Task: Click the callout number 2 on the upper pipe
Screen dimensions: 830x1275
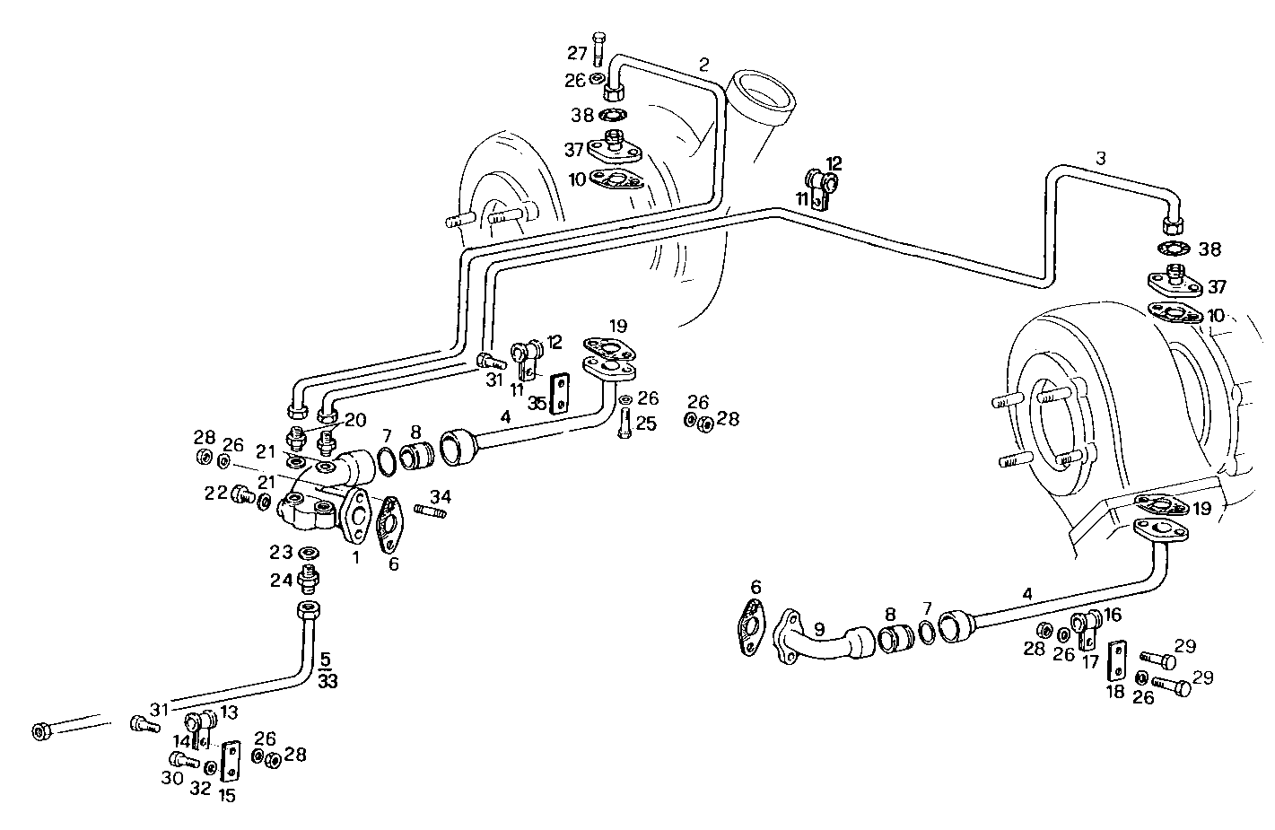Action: click(703, 64)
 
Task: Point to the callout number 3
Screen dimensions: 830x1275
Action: click(1100, 158)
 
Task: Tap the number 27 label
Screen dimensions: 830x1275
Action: click(576, 52)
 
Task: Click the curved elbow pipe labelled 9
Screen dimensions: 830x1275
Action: click(818, 643)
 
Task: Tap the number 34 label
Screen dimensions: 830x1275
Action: click(440, 496)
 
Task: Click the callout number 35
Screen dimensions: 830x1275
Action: click(537, 403)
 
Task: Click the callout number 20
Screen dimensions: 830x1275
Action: click(355, 419)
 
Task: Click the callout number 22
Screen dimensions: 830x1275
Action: click(214, 494)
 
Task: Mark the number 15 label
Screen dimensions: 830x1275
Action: click(227, 795)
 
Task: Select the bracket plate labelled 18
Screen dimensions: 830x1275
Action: click(1117, 662)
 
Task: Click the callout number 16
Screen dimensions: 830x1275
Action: click(1113, 614)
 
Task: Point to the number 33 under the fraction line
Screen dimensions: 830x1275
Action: click(327, 682)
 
